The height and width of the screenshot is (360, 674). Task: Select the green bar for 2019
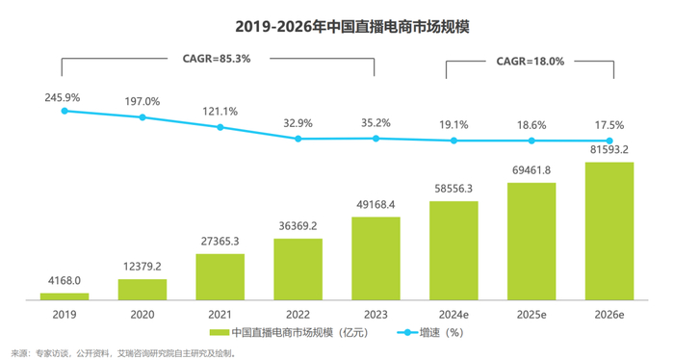tap(65, 296)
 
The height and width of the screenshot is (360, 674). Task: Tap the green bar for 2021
tap(220, 276)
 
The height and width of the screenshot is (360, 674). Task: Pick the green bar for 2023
tap(376, 257)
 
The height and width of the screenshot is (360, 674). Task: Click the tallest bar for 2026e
tap(609, 230)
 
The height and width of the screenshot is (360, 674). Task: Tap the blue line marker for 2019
tap(65, 111)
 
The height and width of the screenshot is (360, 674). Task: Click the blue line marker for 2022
tap(298, 139)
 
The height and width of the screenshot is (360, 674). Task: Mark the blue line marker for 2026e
tap(609, 141)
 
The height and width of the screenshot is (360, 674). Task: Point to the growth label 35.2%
tap(376, 123)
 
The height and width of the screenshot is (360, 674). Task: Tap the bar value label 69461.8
tap(531, 171)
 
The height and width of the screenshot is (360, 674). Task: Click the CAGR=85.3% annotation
tap(217, 59)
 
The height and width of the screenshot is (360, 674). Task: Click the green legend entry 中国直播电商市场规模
tap(289, 332)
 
